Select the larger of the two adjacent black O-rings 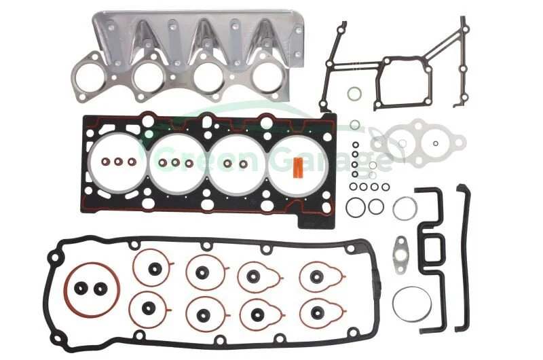355,207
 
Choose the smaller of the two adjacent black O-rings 376,207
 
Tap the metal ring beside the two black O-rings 405,209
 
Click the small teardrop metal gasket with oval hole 401,254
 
